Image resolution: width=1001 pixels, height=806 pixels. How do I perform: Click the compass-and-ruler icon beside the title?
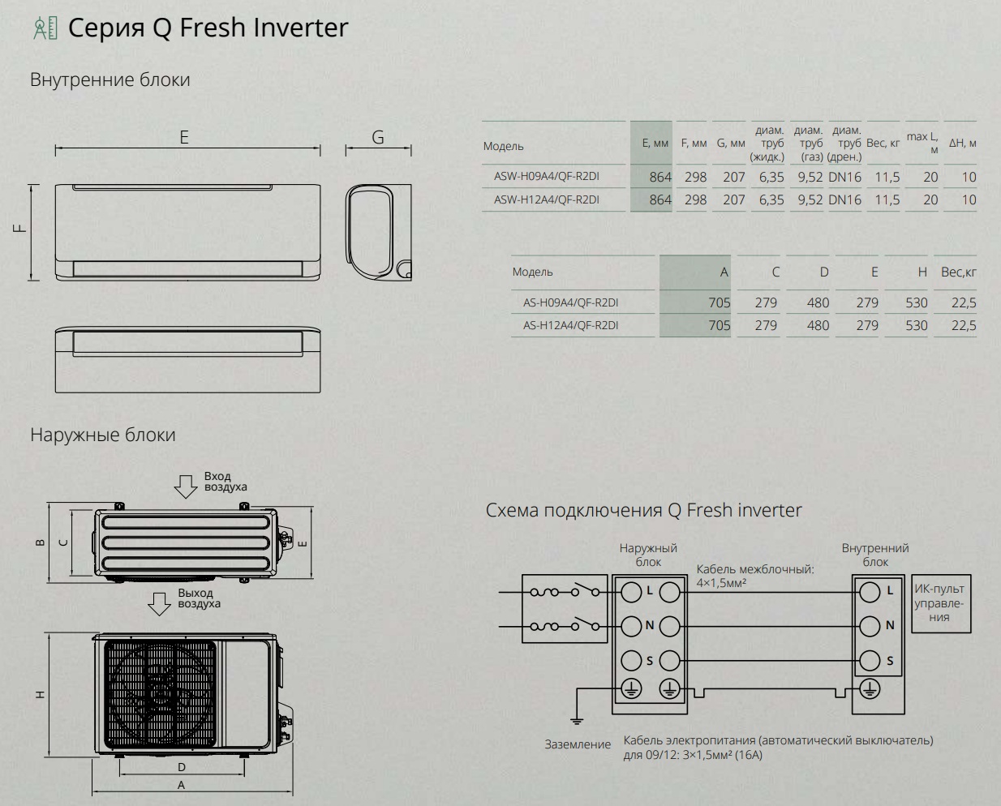point(45,28)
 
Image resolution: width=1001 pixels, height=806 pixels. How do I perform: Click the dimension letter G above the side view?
point(378,137)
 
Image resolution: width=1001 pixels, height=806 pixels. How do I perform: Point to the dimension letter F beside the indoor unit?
point(20,229)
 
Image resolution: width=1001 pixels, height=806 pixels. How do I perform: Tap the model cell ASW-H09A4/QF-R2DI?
point(547,176)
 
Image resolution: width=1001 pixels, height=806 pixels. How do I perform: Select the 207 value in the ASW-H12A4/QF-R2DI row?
point(734,200)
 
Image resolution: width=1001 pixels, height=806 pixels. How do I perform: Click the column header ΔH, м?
point(962,143)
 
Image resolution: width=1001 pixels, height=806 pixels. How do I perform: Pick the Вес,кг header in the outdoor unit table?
point(958,272)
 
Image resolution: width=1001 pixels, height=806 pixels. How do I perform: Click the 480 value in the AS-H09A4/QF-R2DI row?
point(818,302)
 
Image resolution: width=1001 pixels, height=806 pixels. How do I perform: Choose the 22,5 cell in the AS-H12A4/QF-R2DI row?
point(964,326)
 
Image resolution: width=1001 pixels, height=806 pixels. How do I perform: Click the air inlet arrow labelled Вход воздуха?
point(186,487)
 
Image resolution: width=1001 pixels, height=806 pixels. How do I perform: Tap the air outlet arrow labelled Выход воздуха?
point(159,603)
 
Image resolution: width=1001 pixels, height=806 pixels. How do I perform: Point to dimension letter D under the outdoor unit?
point(182,767)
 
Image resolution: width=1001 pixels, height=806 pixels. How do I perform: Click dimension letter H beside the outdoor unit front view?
point(41,695)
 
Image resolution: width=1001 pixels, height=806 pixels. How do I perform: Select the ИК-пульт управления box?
point(941,603)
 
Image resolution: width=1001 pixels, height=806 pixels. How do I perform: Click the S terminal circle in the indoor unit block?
point(870,660)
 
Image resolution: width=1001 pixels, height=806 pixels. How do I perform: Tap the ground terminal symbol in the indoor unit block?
point(870,688)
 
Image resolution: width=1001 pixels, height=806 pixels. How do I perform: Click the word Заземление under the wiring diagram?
point(578,744)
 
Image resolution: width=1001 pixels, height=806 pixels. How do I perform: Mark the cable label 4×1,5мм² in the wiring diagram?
point(721,583)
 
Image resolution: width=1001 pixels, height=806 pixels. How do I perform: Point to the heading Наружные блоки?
point(103,435)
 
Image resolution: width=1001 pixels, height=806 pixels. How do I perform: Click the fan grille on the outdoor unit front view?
point(160,694)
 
